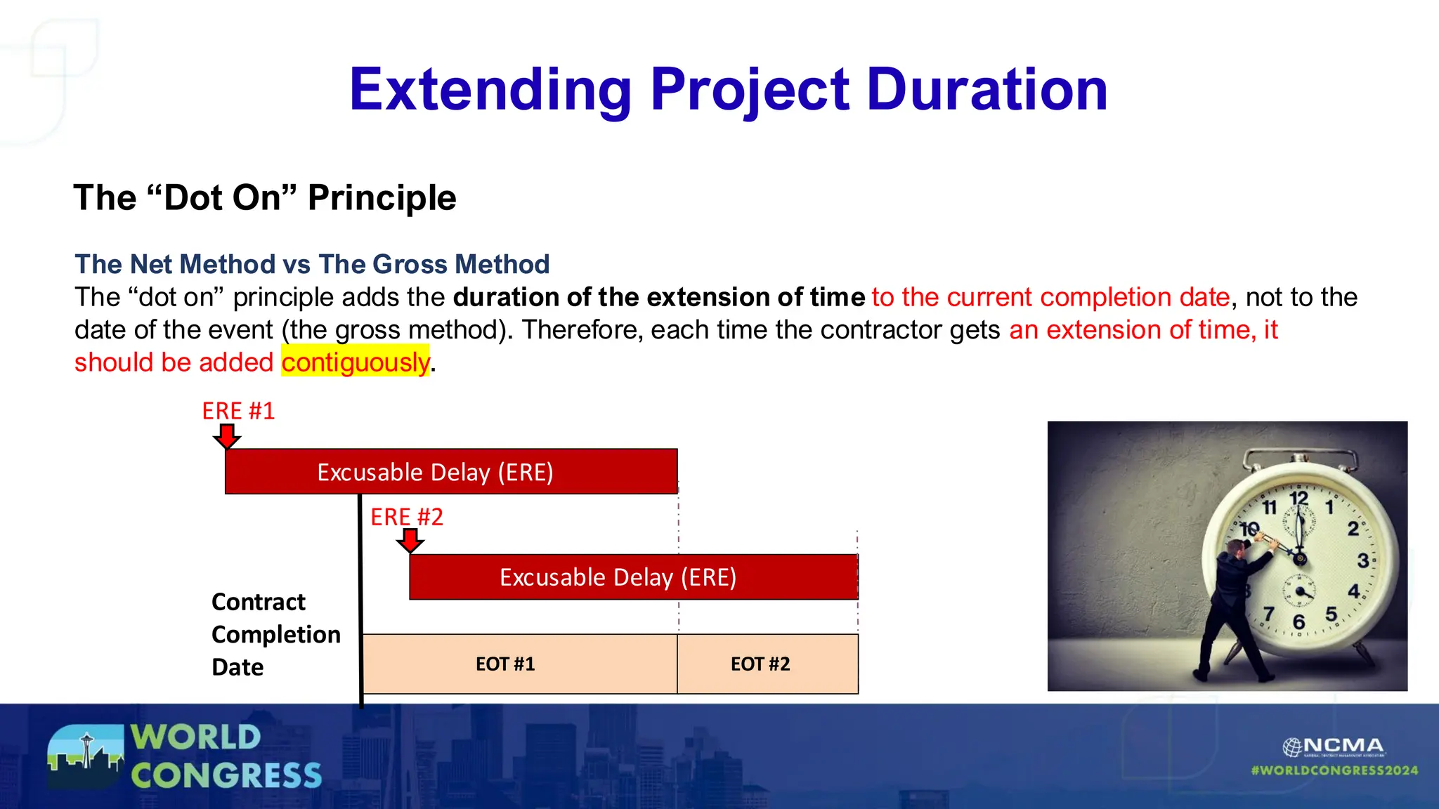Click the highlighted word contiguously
pyautogui.click(x=356, y=362)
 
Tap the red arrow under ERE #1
pyautogui.click(x=226, y=436)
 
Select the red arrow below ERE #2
pyautogui.click(x=410, y=541)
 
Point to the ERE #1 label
pyautogui.click(x=238, y=411)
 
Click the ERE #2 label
pyautogui.click(x=407, y=517)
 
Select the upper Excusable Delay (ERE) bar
pyautogui.click(x=451, y=472)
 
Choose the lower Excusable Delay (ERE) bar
pyautogui.click(x=633, y=577)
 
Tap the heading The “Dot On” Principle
pyautogui.click(x=265, y=197)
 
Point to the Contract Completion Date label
pyautogui.click(x=275, y=634)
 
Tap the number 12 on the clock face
pyautogui.click(x=1298, y=499)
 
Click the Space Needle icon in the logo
pyautogui.click(x=87, y=750)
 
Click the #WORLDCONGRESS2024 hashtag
pyautogui.click(x=1334, y=770)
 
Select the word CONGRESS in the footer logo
pyautogui.click(x=226, y=776)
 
